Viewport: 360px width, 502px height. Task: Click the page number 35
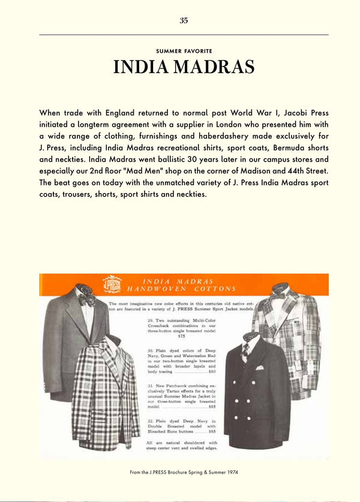click(x=184, y=20)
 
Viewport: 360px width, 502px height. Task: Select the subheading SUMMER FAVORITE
click(x=184, y=51)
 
